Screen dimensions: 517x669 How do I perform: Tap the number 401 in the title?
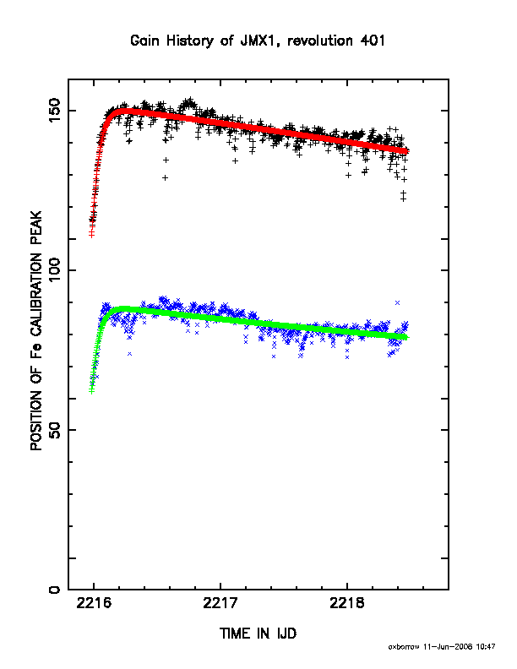pos(373,41)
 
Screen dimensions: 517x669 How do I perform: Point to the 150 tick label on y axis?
pos(55,110)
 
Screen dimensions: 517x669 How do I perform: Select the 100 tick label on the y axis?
pos(55,269)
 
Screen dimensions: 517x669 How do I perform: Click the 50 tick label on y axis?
pos(55,430)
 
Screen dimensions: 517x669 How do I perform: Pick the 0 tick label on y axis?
pos(55,590)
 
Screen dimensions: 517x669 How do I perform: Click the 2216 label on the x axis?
pos(94,604)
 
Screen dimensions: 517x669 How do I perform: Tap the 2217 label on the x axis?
pos(220,604)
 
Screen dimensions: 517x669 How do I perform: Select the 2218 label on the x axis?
pos(347,604)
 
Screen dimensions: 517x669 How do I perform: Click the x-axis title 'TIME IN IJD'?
pos(258,634)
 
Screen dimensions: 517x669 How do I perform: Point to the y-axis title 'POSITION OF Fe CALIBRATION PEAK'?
pos(36,330)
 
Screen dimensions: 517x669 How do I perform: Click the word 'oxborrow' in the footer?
pos(404,647)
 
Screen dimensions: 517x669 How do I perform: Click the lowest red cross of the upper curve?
pos(91,235)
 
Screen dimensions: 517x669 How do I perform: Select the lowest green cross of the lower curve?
pos(91,391)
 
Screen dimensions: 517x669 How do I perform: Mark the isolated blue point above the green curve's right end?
pos(397,302)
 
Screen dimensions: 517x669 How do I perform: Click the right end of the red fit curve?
pos(406,151)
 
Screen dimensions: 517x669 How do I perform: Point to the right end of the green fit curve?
pos(406,338)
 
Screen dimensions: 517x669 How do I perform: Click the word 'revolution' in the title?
pos(320,41)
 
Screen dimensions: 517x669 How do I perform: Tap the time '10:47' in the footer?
pos(486,647)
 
